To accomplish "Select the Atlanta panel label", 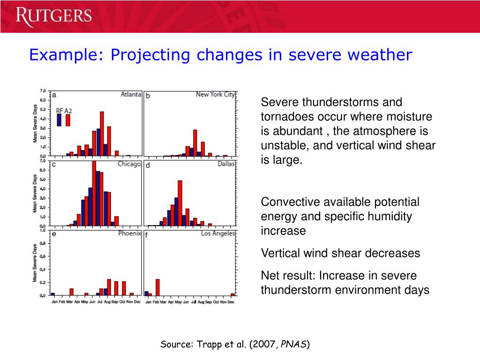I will coord(131,94).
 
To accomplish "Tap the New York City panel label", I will coord(215,94).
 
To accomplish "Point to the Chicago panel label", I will coord(129,164).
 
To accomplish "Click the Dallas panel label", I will coord(226,164).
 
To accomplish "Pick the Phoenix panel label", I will coord(129,233).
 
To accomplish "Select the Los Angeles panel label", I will coord(218,233).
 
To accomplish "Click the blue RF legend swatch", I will coord(59,120).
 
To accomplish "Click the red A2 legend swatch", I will coord(68,120).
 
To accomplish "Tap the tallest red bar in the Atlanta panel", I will coord(102,134).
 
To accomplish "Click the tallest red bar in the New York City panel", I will coord(195,142).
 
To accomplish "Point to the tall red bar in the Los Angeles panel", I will coord(157,287).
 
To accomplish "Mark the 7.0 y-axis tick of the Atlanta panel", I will coord(43,90).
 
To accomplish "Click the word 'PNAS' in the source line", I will coord(294,345).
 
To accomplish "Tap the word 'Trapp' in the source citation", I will coord(206,345).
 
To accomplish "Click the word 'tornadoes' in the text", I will coord(284,117).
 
